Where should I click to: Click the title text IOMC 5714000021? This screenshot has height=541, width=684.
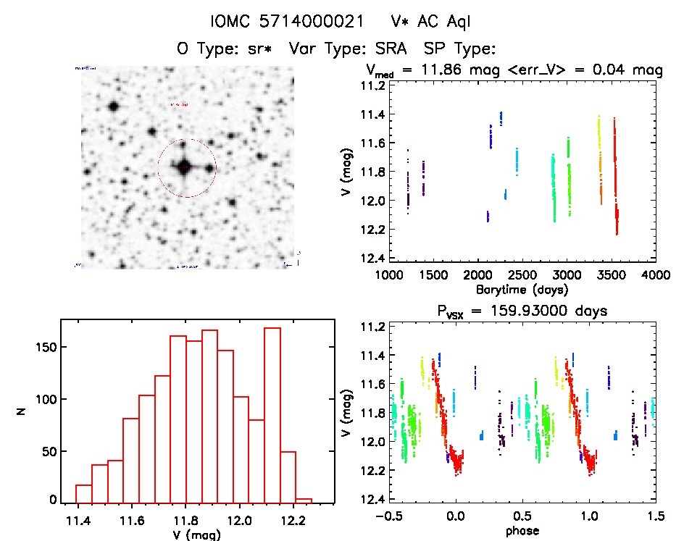287,22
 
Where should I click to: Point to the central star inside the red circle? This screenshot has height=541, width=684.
184,167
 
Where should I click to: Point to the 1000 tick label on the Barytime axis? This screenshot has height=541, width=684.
388,275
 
